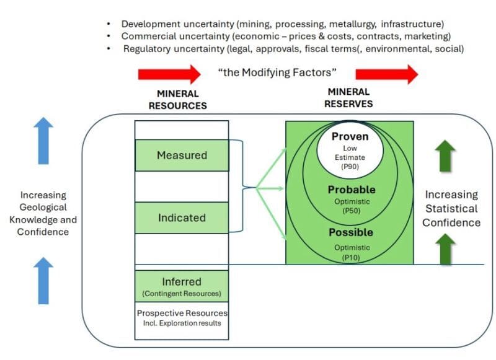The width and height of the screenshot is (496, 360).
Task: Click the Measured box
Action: (182, 155)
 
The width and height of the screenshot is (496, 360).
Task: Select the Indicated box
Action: (182, 217)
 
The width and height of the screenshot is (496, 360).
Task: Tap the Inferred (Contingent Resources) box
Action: (182, 286)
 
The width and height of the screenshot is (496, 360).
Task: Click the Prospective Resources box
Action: (182, 318)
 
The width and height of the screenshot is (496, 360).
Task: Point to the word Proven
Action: (350, 136)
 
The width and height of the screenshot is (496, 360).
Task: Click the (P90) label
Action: (350, 167)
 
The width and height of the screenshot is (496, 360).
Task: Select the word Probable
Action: (352, 190)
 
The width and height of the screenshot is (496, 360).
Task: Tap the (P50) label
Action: (350, 210)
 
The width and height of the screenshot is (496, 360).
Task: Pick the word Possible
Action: (350, 232)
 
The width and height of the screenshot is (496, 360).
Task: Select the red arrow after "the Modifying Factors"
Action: (395, 74)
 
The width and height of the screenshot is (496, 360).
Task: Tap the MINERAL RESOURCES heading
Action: (177, 100)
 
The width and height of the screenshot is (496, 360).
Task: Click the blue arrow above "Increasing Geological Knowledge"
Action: (43, 141)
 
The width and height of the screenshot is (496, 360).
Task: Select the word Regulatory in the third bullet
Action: (148, 48)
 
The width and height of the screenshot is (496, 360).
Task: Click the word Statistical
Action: (451, 209)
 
